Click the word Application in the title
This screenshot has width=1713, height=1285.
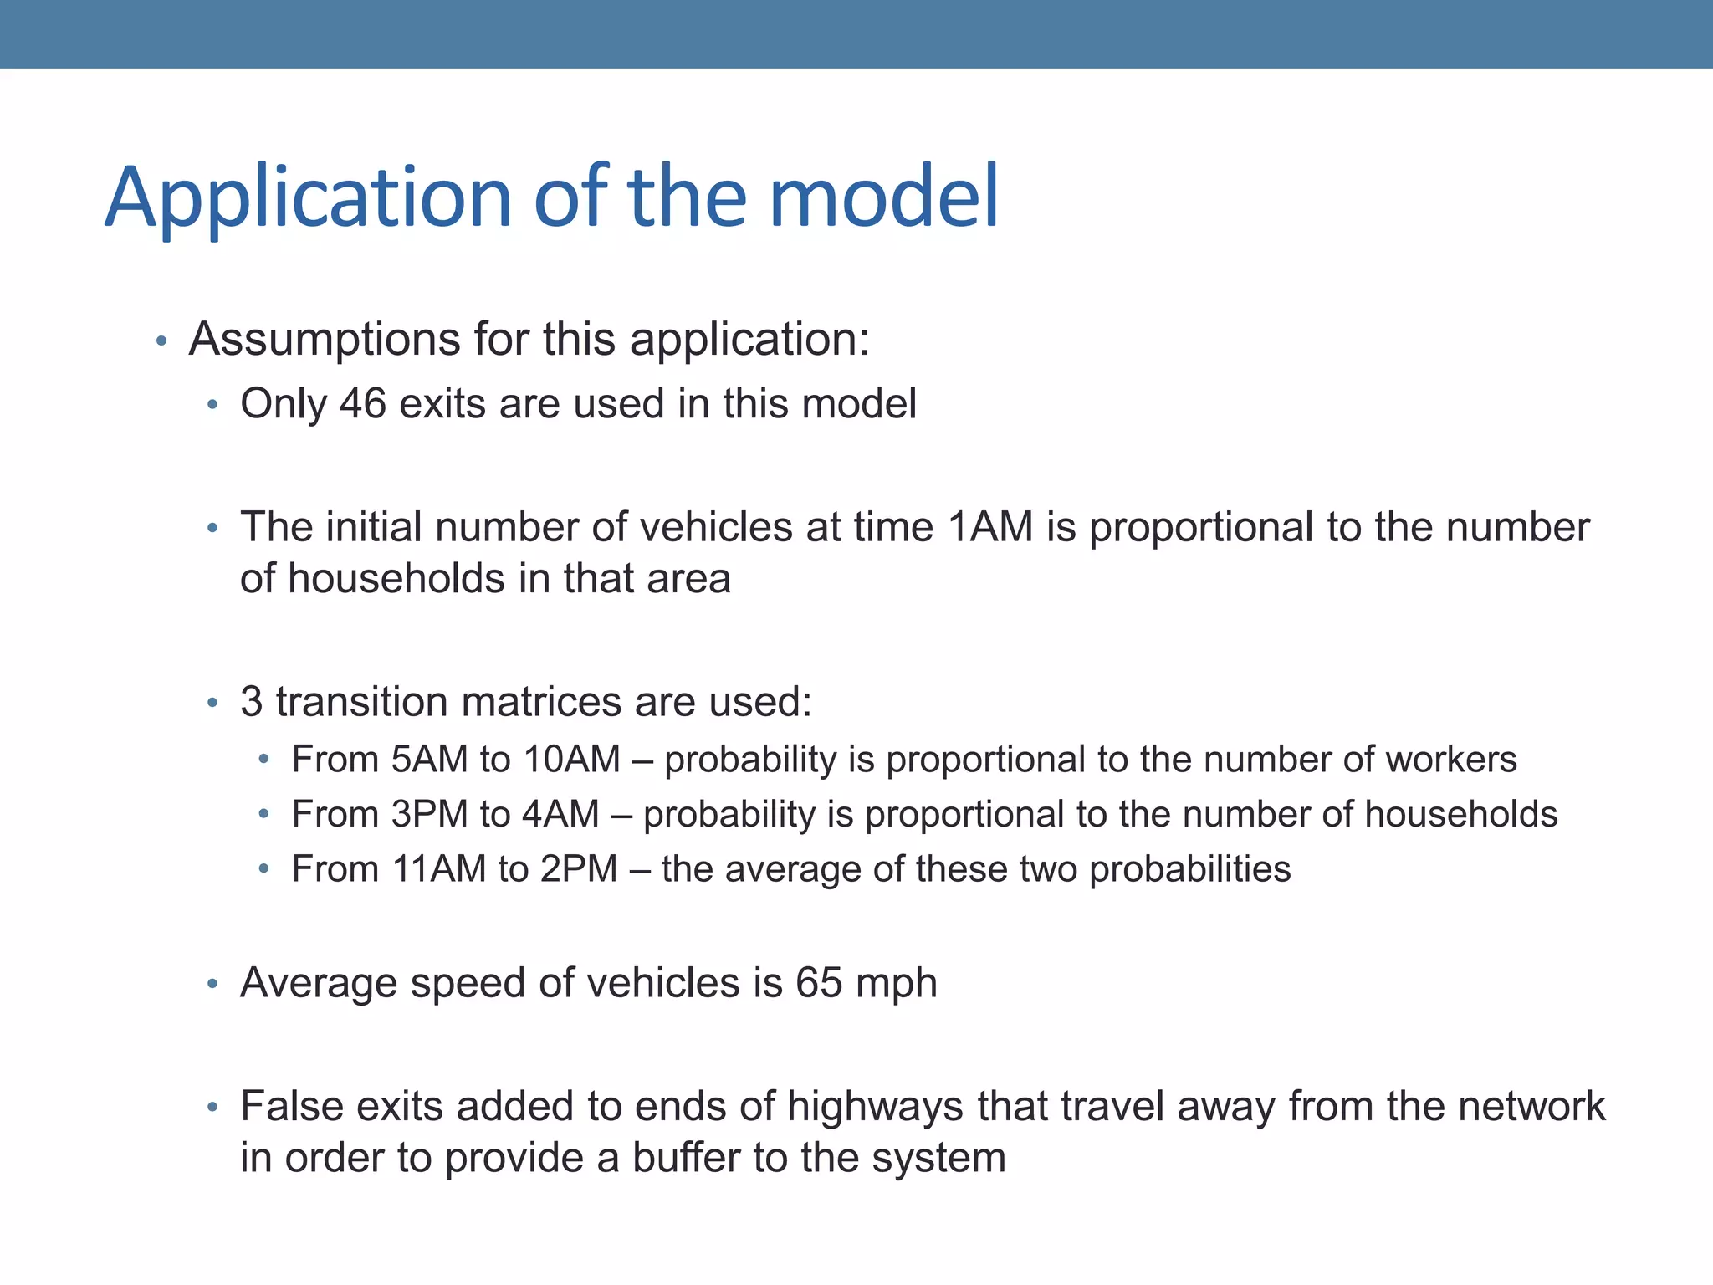[308, 198]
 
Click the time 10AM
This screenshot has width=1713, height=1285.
[572, 760]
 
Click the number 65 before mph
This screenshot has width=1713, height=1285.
[819, 983]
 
